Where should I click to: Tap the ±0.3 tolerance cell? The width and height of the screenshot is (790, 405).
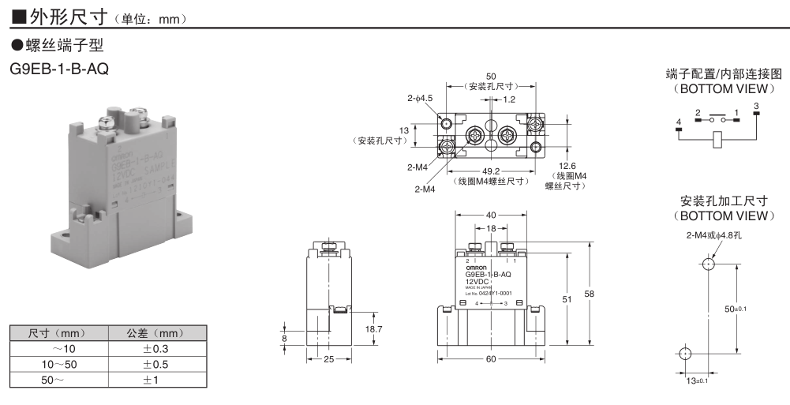156,349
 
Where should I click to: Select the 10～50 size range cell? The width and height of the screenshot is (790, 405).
60,364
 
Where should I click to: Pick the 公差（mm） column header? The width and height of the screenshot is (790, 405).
156,333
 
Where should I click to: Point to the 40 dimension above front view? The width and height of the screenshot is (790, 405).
492,214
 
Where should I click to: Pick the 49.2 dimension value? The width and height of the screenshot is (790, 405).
491,171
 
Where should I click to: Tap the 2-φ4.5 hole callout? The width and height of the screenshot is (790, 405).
421,99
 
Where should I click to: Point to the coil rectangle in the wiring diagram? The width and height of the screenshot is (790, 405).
717,140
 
